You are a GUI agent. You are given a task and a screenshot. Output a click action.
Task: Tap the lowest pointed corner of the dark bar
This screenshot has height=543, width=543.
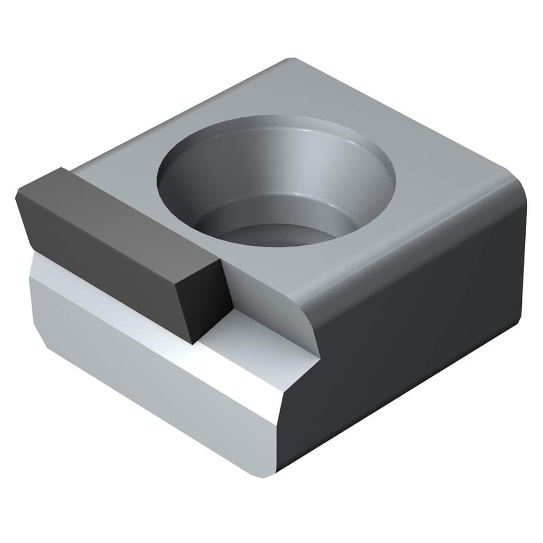[x=193, y=343]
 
